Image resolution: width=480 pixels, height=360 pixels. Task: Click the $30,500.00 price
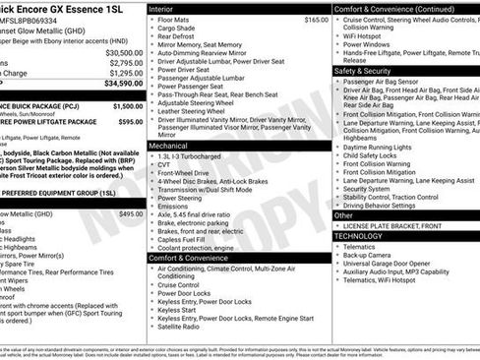124,52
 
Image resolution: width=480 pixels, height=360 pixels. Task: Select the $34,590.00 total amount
124,84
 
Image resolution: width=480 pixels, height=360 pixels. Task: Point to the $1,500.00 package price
127,105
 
